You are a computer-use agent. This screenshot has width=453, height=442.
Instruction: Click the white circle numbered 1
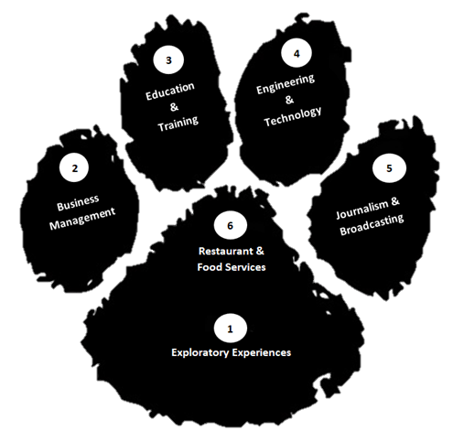coord(231,329)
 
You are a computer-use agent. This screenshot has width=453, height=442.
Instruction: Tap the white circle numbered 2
coord(74,167)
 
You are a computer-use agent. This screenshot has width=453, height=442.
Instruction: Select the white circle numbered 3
coord(168,59)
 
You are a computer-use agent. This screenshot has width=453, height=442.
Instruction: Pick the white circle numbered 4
coord(297,53)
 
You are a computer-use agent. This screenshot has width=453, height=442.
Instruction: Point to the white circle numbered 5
coord(389,168)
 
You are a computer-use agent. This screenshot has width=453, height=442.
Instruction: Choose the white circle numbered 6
coord(231,225)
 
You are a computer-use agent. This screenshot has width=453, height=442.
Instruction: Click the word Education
coord(170,91)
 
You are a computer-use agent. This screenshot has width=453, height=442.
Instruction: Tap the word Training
coord(178,124)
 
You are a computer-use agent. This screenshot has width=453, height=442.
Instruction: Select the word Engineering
coord(286,83)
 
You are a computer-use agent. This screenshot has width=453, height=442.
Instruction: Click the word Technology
coord(293,116)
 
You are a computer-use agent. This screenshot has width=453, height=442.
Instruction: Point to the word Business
coord(78,202)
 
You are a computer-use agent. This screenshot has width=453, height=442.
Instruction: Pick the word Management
coord(82,219)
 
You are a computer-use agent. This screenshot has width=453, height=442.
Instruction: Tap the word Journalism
coord(362,210)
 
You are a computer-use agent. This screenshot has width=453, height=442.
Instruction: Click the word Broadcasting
coord(372,225)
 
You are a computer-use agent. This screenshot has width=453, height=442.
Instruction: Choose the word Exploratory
coord(200,352)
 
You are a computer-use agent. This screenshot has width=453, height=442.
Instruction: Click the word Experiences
coord(262,353)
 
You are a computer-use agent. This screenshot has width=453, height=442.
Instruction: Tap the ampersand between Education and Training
coord(174,107)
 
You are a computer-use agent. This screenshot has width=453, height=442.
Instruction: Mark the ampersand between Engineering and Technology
coord(289,100)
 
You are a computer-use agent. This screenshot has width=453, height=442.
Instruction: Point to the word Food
coord(209,267)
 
